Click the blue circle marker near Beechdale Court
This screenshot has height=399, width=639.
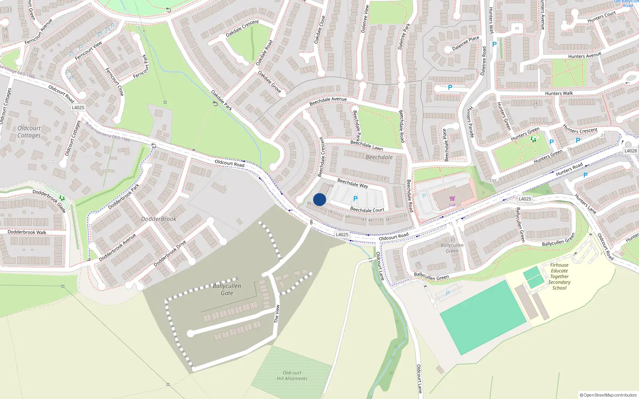[319, 199]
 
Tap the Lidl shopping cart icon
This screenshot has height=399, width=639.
[452, 199]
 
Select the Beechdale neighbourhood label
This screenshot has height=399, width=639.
[379, 157]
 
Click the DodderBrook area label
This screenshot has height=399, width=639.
[159, 219]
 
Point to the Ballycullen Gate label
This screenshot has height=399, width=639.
[227, 289]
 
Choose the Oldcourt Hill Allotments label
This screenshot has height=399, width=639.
[292, 375]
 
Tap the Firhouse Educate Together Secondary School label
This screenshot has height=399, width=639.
[559, 276]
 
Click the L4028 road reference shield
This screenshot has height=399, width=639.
[631, 151]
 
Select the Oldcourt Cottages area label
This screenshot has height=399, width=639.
[29, 132]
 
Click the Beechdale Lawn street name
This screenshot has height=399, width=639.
[366, 145]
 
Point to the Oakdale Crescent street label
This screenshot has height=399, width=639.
[242, 28]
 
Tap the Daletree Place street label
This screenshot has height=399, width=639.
[466, 43]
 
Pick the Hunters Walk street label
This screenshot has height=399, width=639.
[559, 93]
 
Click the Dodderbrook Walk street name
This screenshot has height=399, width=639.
[27, 232]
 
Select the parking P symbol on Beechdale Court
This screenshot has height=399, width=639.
[355, 199]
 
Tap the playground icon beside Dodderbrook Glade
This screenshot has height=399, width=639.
[62, 198]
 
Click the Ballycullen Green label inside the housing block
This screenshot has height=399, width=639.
[452, 248]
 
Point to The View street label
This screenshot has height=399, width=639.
[277, 314]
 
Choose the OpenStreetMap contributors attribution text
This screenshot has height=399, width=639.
[608, 395]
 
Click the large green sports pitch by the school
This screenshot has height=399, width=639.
[483, 317]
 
